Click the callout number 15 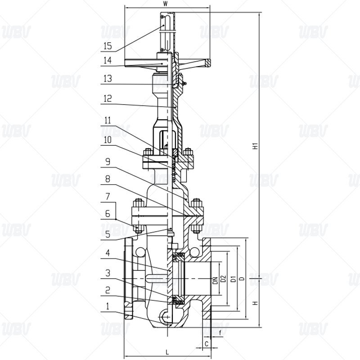coord(108,45)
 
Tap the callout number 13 coord(108,78)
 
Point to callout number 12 coord(108,98)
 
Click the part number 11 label coord(108,120)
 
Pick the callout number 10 coord(108,139)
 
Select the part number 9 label coord(108,160)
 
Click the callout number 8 coord(108,179)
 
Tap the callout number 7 coord(108,198)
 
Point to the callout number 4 coord(108,253)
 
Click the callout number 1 coord(108,306)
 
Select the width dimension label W coord(166,4)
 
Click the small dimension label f coord(220,333)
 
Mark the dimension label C coord(206,344)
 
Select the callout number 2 coord(108,290)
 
